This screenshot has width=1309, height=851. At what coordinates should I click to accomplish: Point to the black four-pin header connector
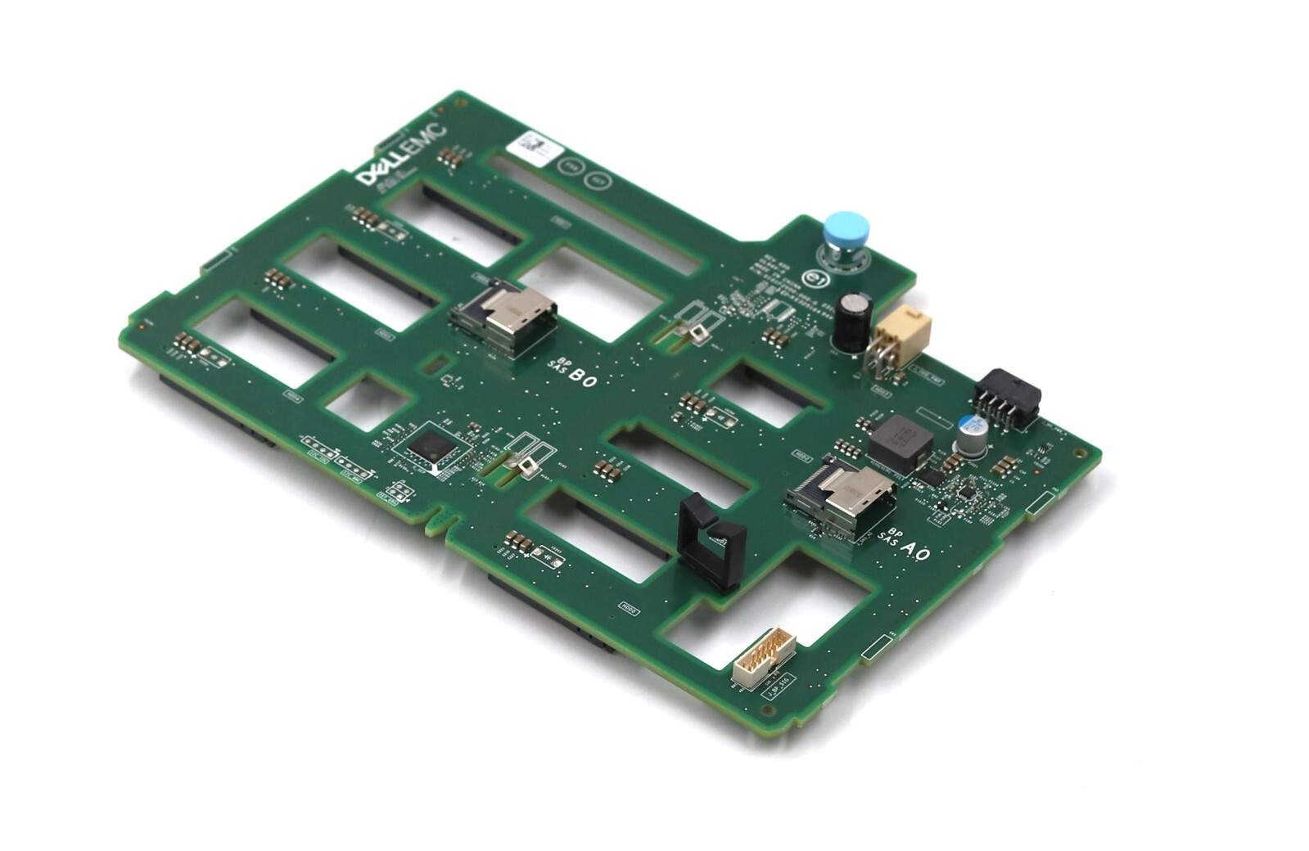tap(1006, 394)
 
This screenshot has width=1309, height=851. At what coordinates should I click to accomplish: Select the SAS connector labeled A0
tap(840, 495)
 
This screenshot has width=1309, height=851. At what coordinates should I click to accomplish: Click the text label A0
tap(914, 552)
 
